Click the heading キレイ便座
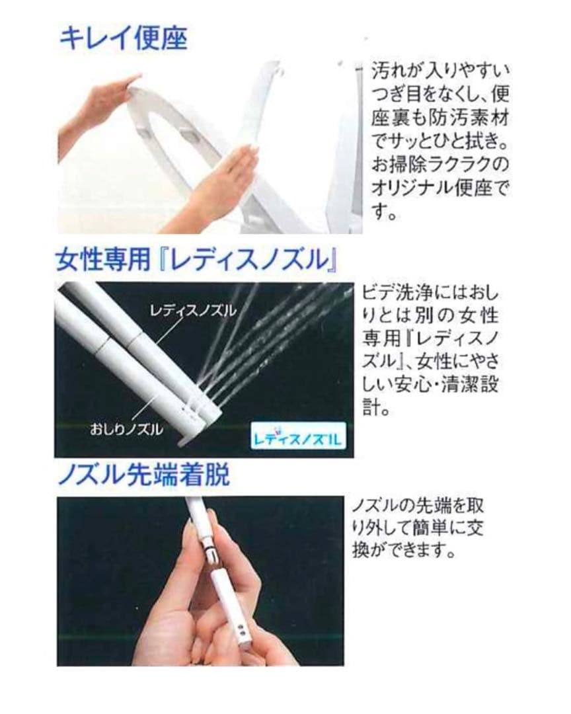[x=124, y=38]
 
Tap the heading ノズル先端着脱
[x=144, y=475]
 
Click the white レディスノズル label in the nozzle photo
[x=193, y=311]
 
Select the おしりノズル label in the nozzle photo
[x=126, y=429]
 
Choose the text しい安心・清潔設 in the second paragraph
[x=430, y=385]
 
